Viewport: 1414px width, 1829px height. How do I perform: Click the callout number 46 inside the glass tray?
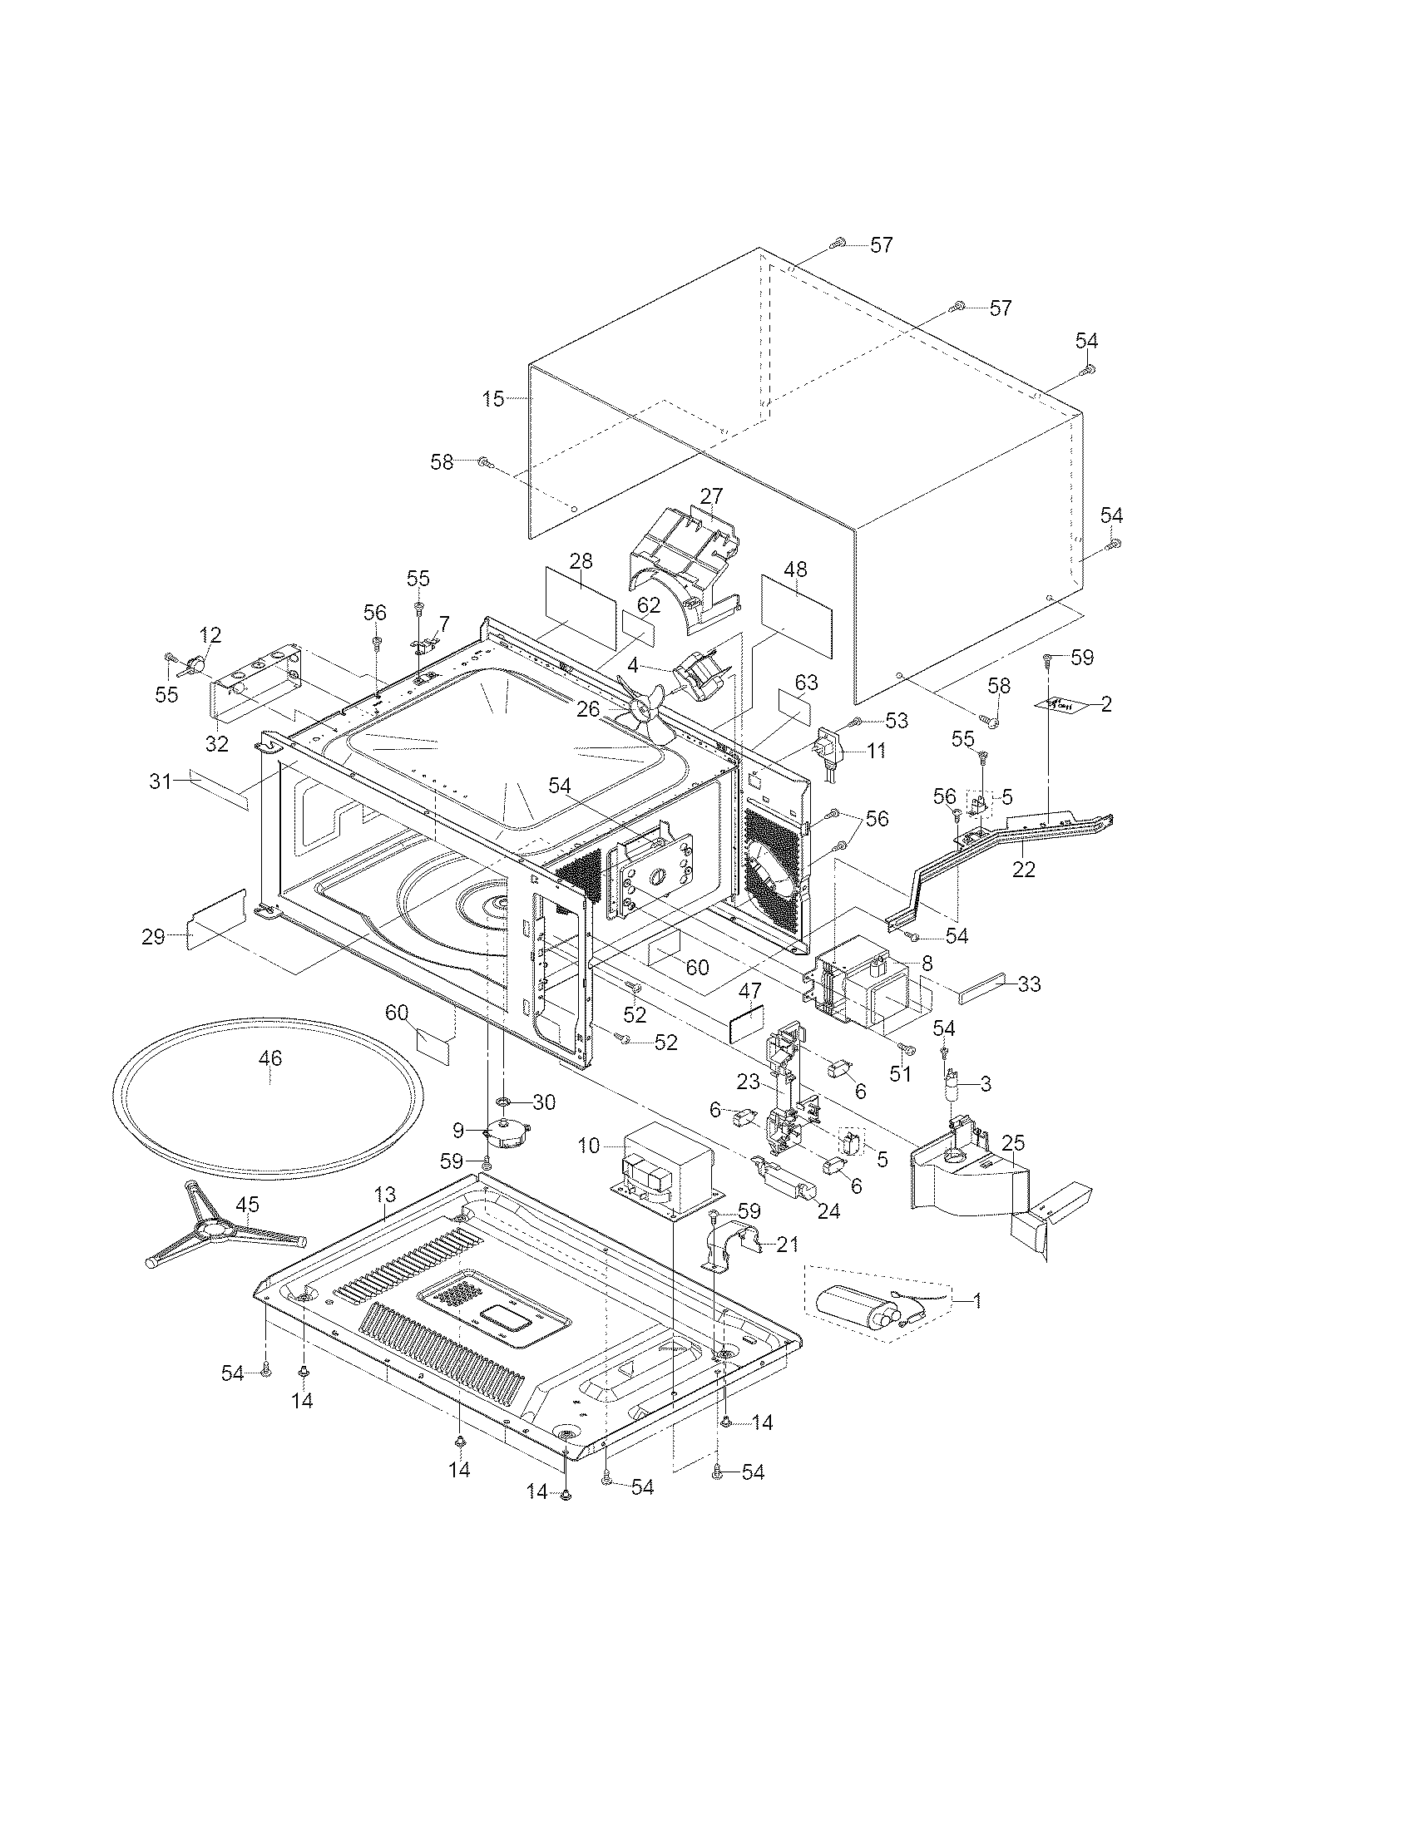(x=269, y=1057)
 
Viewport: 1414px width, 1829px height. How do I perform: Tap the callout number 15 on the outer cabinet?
(x=493, y=398)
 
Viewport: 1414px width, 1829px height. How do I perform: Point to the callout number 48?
(x=795, y=569)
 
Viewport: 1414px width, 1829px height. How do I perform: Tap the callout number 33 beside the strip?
(x=1029, y=985)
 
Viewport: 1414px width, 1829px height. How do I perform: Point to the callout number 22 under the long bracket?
(x=1023, y=870)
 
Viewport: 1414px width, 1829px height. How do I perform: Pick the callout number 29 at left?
(x=153, y=936)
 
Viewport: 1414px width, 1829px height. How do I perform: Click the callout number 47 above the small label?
(x=749, y=992)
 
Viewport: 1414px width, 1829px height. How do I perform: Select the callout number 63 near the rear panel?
(x=806, y=683)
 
